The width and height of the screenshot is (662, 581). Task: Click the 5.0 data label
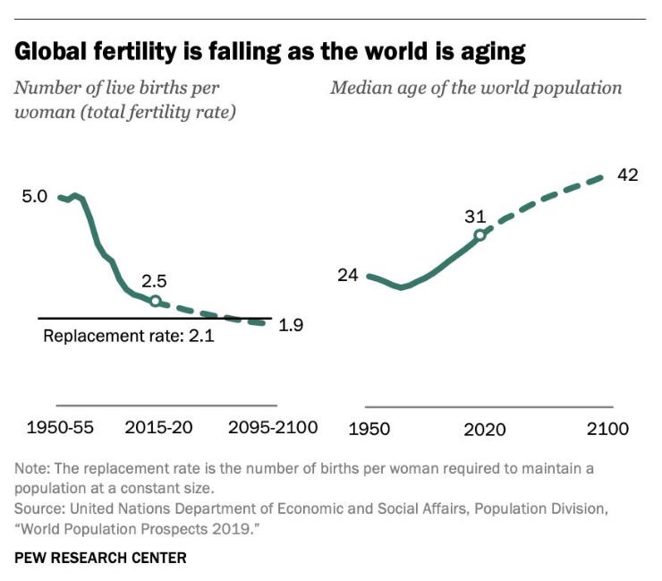pyautogui.click(x=34, y=196)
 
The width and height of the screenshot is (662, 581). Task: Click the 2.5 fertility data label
pyautogui.click(x=155, y=281)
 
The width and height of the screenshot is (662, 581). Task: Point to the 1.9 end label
pyautogui.click(x=291, y=325)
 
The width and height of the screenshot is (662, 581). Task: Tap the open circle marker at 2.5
pyautogui.click(x=155, y=302)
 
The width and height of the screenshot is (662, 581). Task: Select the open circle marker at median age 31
pyautogui.click(x=480, y=235)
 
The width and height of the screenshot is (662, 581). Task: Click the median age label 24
pyautogui.click(x=347, y=275)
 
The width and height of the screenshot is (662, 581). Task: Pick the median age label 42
pyautogui.click(x=627, y=175)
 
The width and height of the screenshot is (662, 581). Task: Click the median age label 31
pyautogui.click(x=474, y=216)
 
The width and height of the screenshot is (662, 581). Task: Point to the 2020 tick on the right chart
pyautogui.click(x=484, y=429)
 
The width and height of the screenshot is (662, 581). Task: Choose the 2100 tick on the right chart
pyautogui.click(x=608, y=429)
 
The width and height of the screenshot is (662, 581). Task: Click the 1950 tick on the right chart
pyautogui.click(x=369, y=429)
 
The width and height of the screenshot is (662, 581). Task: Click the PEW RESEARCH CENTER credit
pyautogui.click(x=100, y=558)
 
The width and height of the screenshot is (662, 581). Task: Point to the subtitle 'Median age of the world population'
pyautogui.click(x=476, y=88)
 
